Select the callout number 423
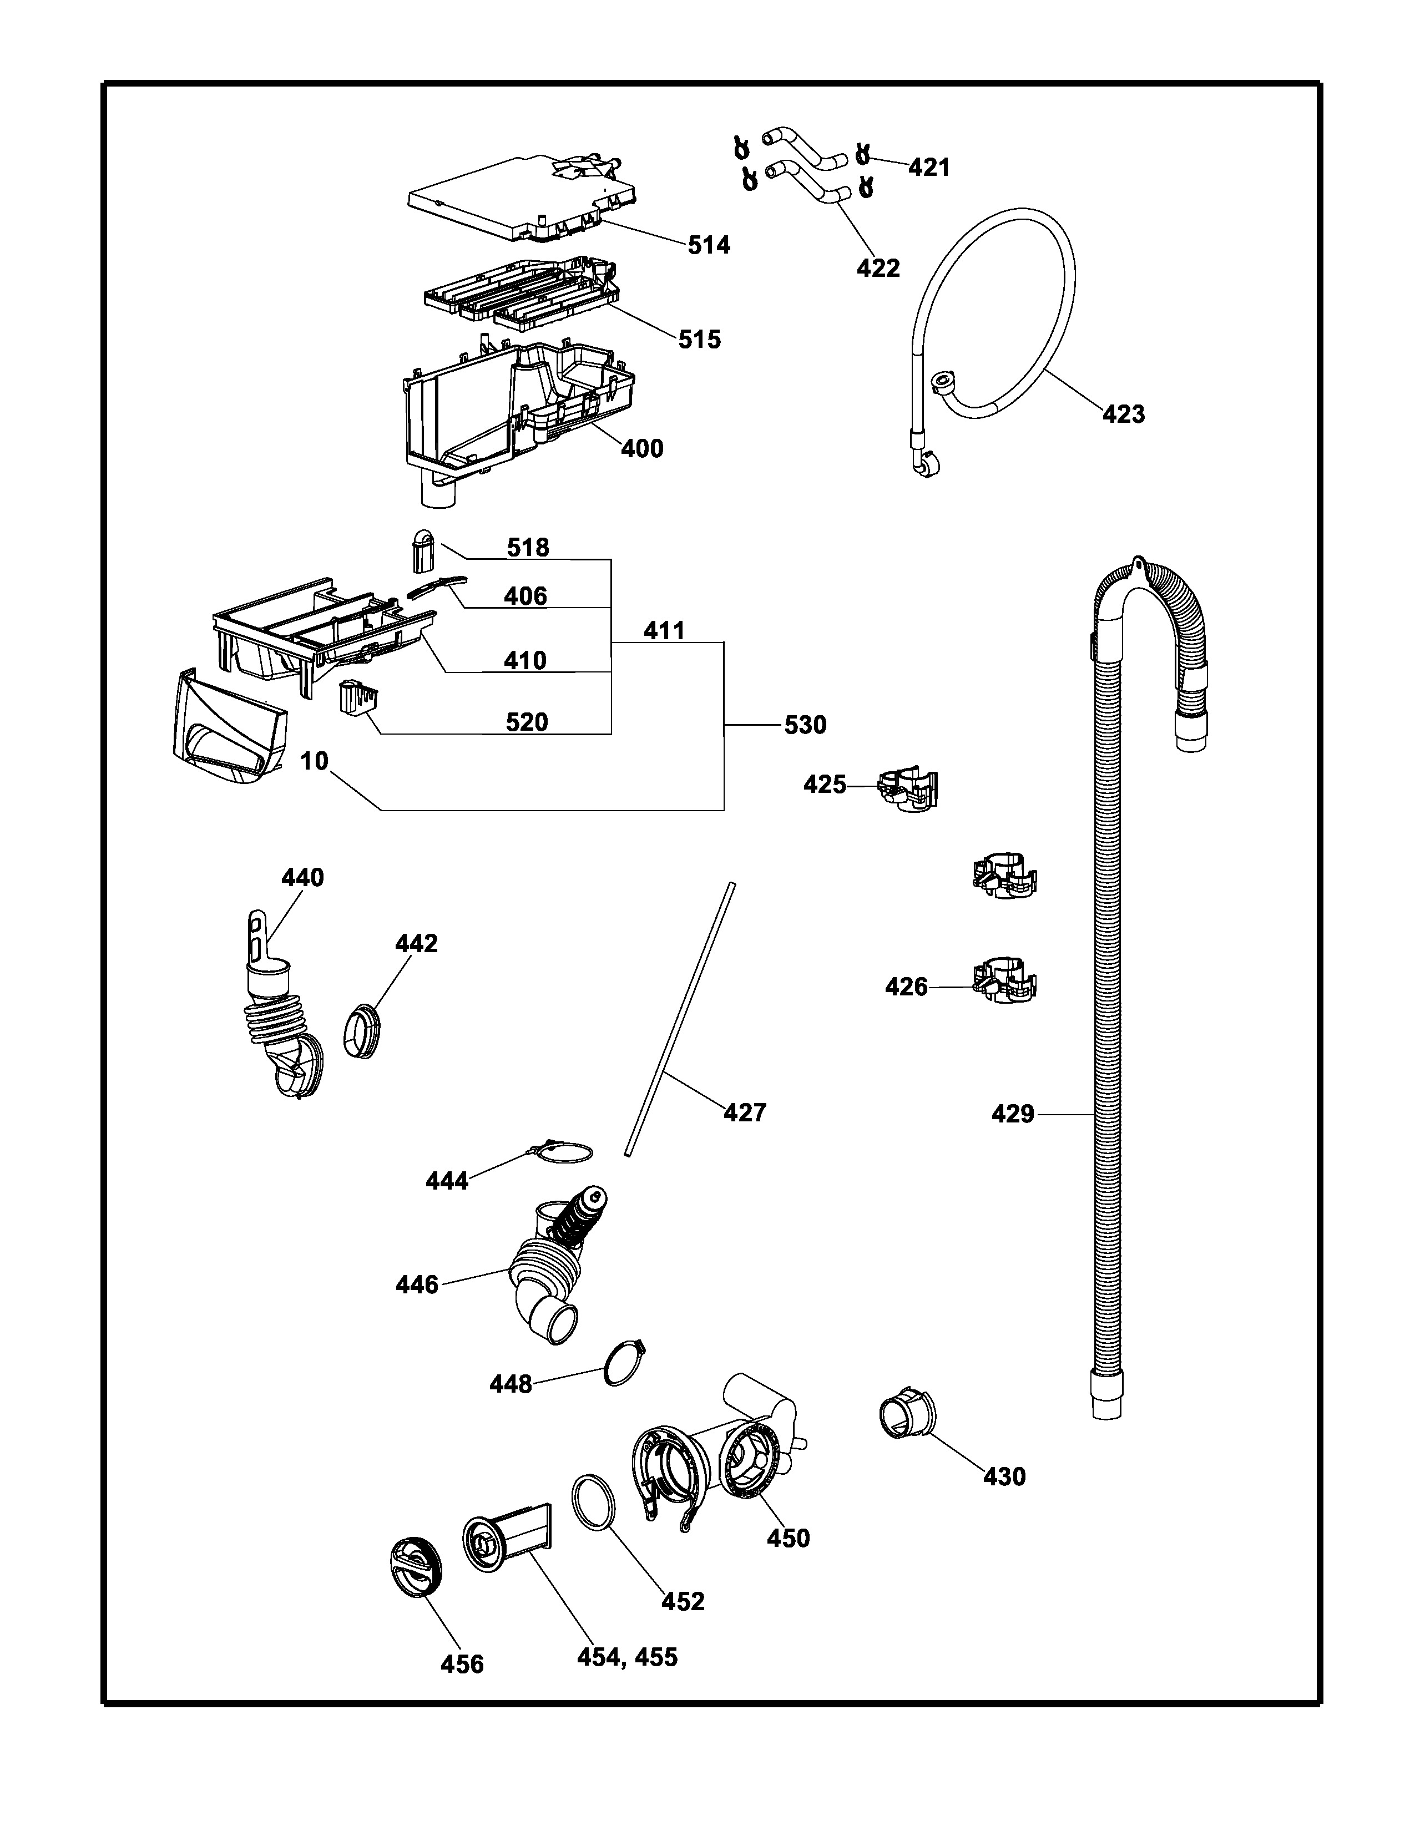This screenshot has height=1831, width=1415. [1123, 413]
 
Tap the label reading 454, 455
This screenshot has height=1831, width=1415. [627, 1657]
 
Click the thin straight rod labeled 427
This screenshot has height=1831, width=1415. [679, 1019]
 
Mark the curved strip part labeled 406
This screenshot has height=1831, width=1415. [436, 585]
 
